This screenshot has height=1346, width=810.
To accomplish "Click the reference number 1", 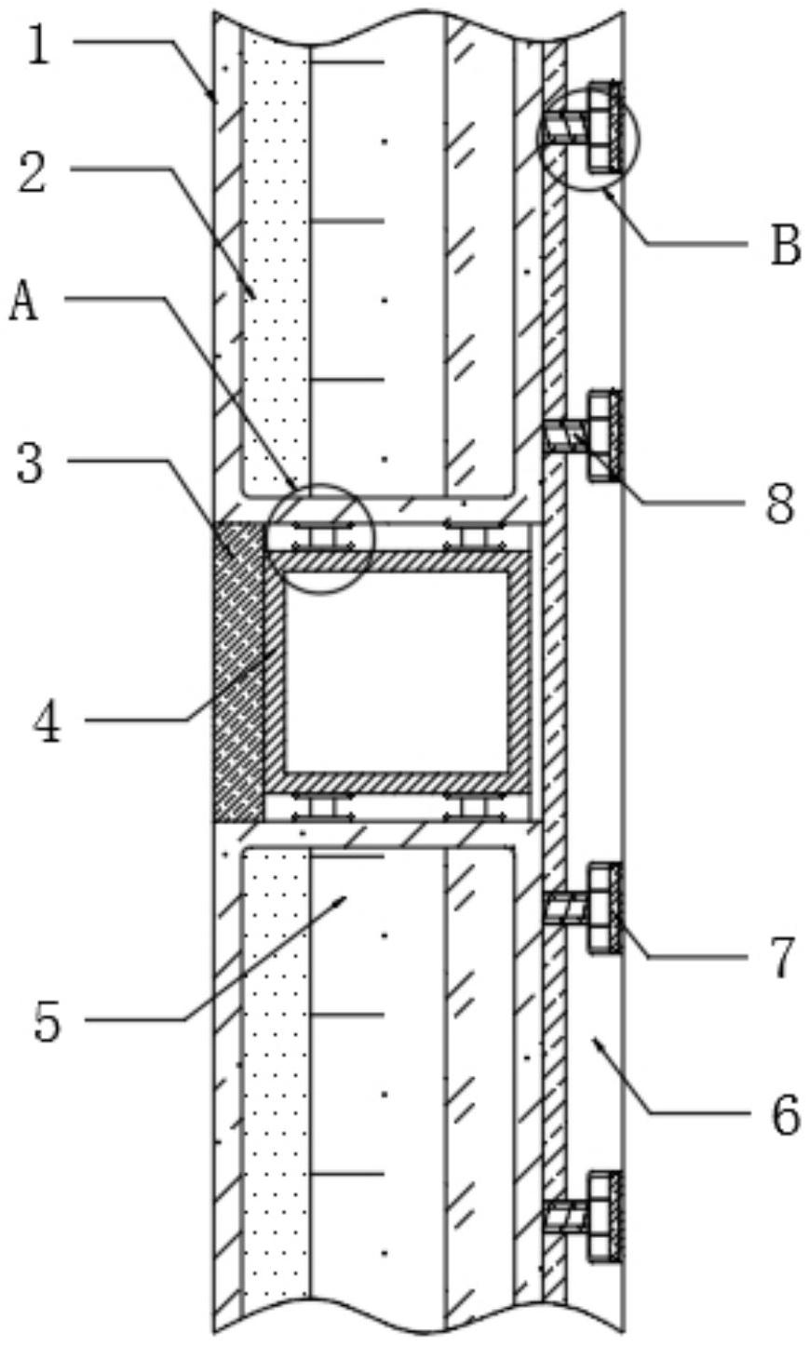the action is pyautogui.click(x=39, y=44).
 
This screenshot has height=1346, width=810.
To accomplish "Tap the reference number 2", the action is pyautogui.click(x=33, y=172).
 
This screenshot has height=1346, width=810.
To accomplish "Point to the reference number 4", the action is pyautogui.click(x=47, y=722).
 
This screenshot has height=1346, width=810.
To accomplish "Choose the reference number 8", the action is pyautogui.click(x=779, y=503).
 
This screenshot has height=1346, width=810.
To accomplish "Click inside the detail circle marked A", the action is pyautogui.click(x=321, y=538).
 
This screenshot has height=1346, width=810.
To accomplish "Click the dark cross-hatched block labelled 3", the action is pyautogui.click(x=238, y=672).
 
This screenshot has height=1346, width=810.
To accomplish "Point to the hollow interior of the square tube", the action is pyautogui.click(x=396, y=672).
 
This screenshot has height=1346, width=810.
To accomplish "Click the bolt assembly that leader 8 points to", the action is pyautogui.click(x=584, y=436).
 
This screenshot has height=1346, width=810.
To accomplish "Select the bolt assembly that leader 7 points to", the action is pyautogui.click(x=584, y=908).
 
